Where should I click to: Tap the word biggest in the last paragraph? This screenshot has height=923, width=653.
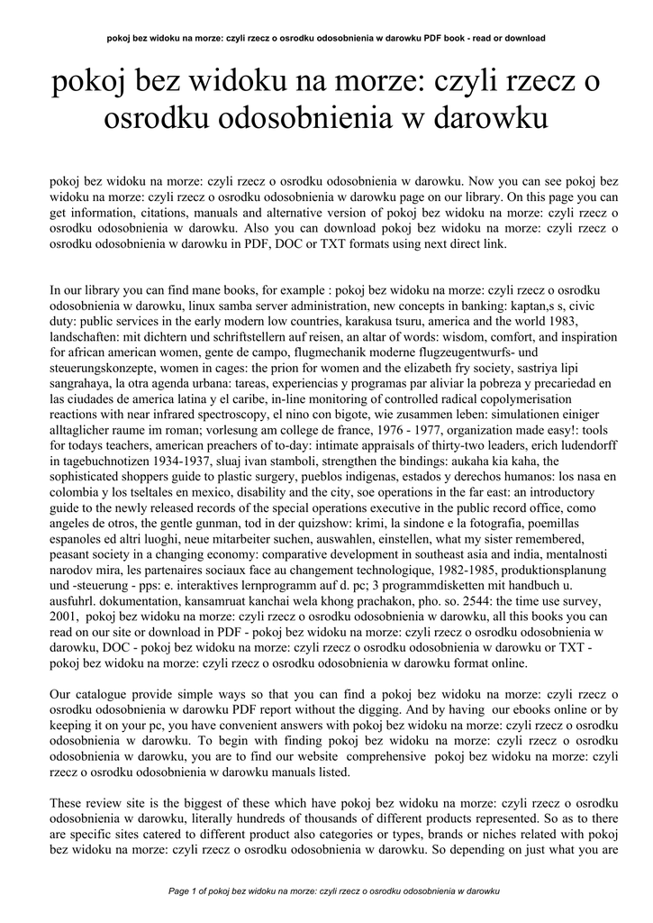(x=221, y=802)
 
